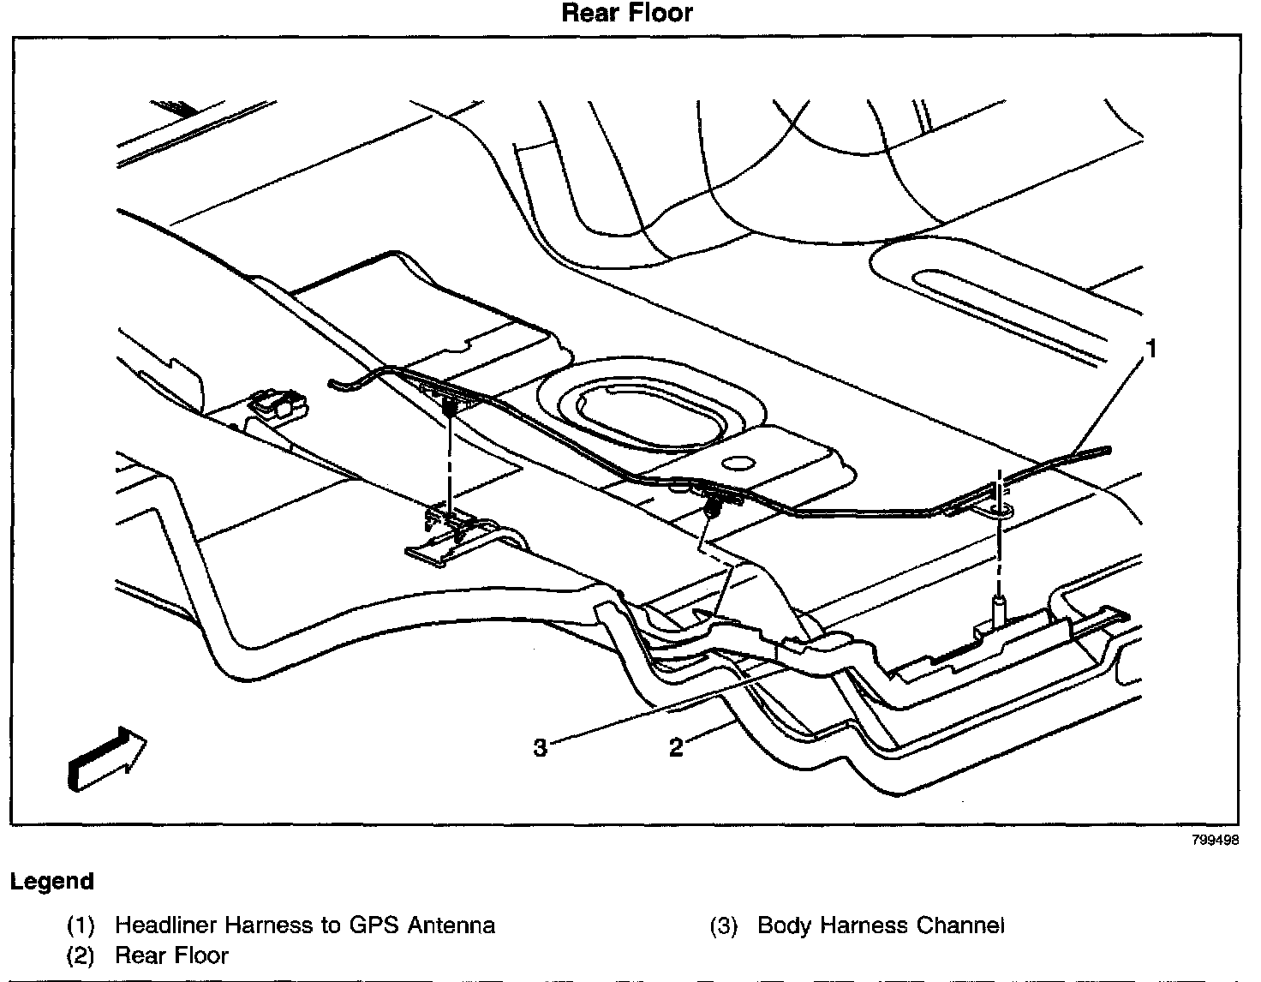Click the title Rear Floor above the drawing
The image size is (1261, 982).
click(x=626, y=13)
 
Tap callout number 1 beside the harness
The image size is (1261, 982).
click(x=1152, y=349)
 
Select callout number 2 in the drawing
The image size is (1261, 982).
click(x=676, y=748)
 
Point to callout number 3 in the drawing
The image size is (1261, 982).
click(x=540, y=748)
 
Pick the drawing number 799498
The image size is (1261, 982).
click(x=1215, y=841)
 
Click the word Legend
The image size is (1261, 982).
click(x=52, y=881)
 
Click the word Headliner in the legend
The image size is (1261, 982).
click(x=164, y=925)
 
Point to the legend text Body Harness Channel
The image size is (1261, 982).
click(x=881, y=925)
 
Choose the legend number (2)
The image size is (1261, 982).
click(x=81, y=955)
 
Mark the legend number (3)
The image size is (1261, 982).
click(x=724, y=926)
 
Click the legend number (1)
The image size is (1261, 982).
click(x=81, y=926)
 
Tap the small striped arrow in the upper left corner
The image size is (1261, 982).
click(x=175, y=108)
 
